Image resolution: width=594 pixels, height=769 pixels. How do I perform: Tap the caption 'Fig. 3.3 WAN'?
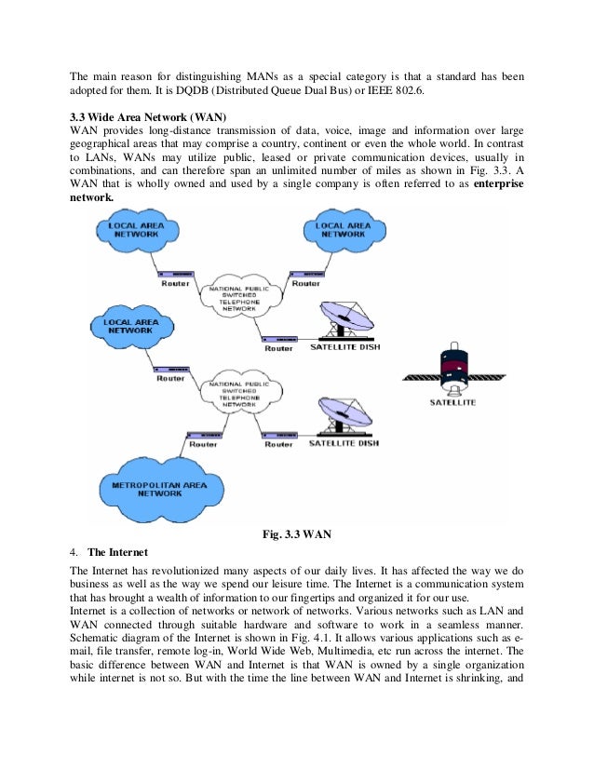coord(296,533)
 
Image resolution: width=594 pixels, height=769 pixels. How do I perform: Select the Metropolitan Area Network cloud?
coord(159,488)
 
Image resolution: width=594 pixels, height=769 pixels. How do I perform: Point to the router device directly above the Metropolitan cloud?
coord(203,433)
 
